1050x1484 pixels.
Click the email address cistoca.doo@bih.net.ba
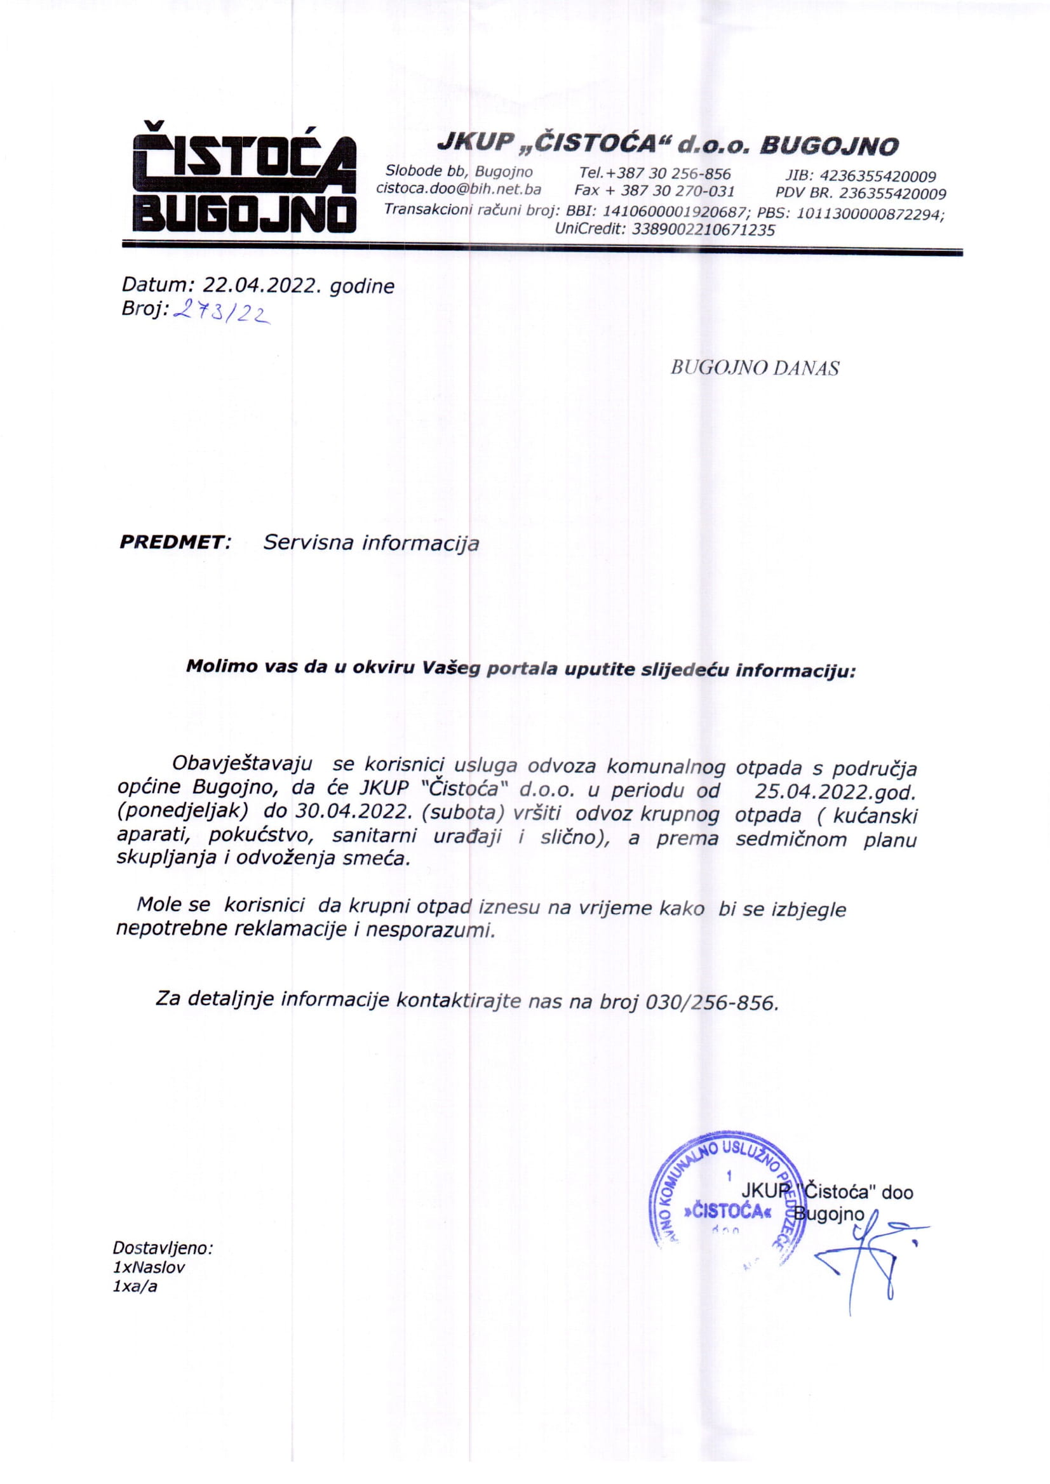point(459,190)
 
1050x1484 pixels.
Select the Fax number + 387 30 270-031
point(677,191)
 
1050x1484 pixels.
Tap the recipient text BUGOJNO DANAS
point(755,368)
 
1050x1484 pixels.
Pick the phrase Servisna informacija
point(371,543)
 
